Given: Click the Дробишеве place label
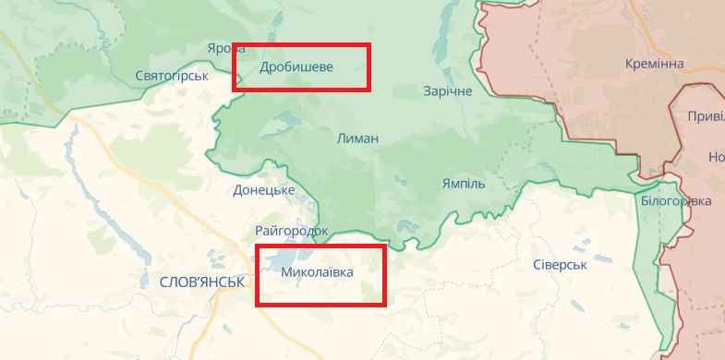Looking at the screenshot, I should point(296,67).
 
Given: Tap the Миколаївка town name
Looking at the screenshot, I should point(316,273).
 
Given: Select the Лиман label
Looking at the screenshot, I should point(357,138).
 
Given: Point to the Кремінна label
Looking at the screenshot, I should point(655,64).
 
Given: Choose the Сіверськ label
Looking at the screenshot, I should point(561,265).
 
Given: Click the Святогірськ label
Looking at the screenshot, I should point(171,75).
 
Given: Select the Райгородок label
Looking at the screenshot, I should point(291,230).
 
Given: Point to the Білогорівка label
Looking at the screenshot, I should point(676,201).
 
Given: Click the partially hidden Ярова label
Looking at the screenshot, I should point(220,49).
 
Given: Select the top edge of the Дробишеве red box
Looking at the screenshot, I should point(301,43).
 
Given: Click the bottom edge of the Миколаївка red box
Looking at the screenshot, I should point(320,305).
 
